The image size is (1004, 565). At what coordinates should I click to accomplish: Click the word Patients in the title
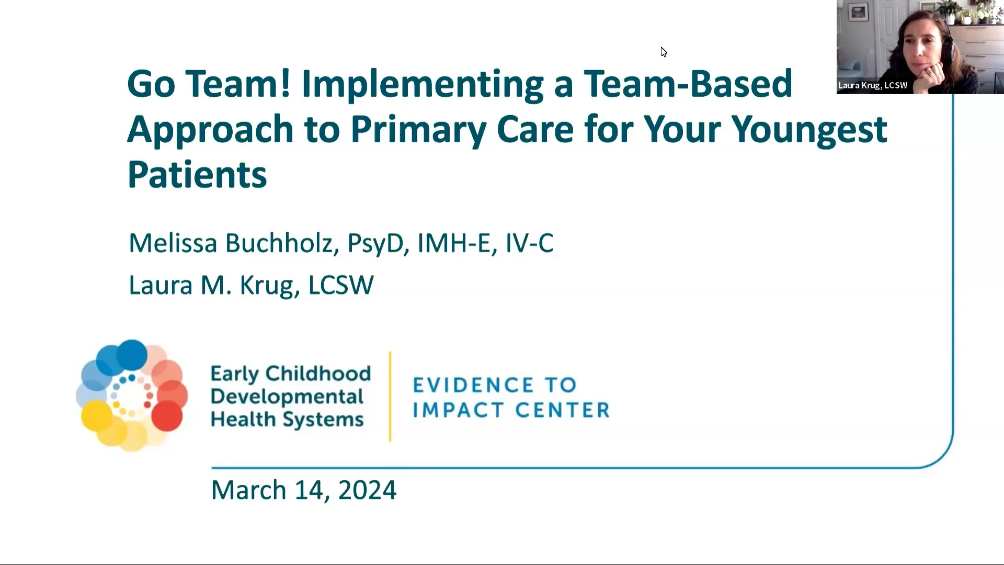[x=197, y=175]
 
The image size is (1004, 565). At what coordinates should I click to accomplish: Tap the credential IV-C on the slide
[x=529, y=243]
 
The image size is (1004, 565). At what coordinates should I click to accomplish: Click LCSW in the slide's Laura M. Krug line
[x=340, y=286]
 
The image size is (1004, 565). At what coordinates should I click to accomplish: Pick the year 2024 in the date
[x=367, y=490]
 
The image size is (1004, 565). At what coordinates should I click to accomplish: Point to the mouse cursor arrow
[x=663, y=52]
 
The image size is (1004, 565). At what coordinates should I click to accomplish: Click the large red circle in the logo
[x=167, y=415]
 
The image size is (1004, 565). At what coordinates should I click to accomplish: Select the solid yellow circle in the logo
[x=97, y=415]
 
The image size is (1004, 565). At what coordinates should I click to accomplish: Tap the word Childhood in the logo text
[x=318, y=374]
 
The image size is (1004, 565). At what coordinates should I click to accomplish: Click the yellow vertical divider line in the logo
[x=390, y=397]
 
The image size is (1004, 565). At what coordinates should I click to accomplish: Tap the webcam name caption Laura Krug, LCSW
[x=873, y=85]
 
